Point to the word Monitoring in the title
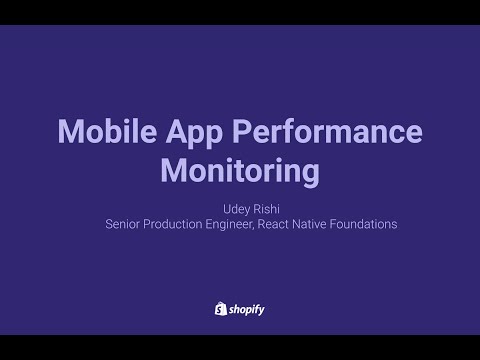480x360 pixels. (x=240, y=170)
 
